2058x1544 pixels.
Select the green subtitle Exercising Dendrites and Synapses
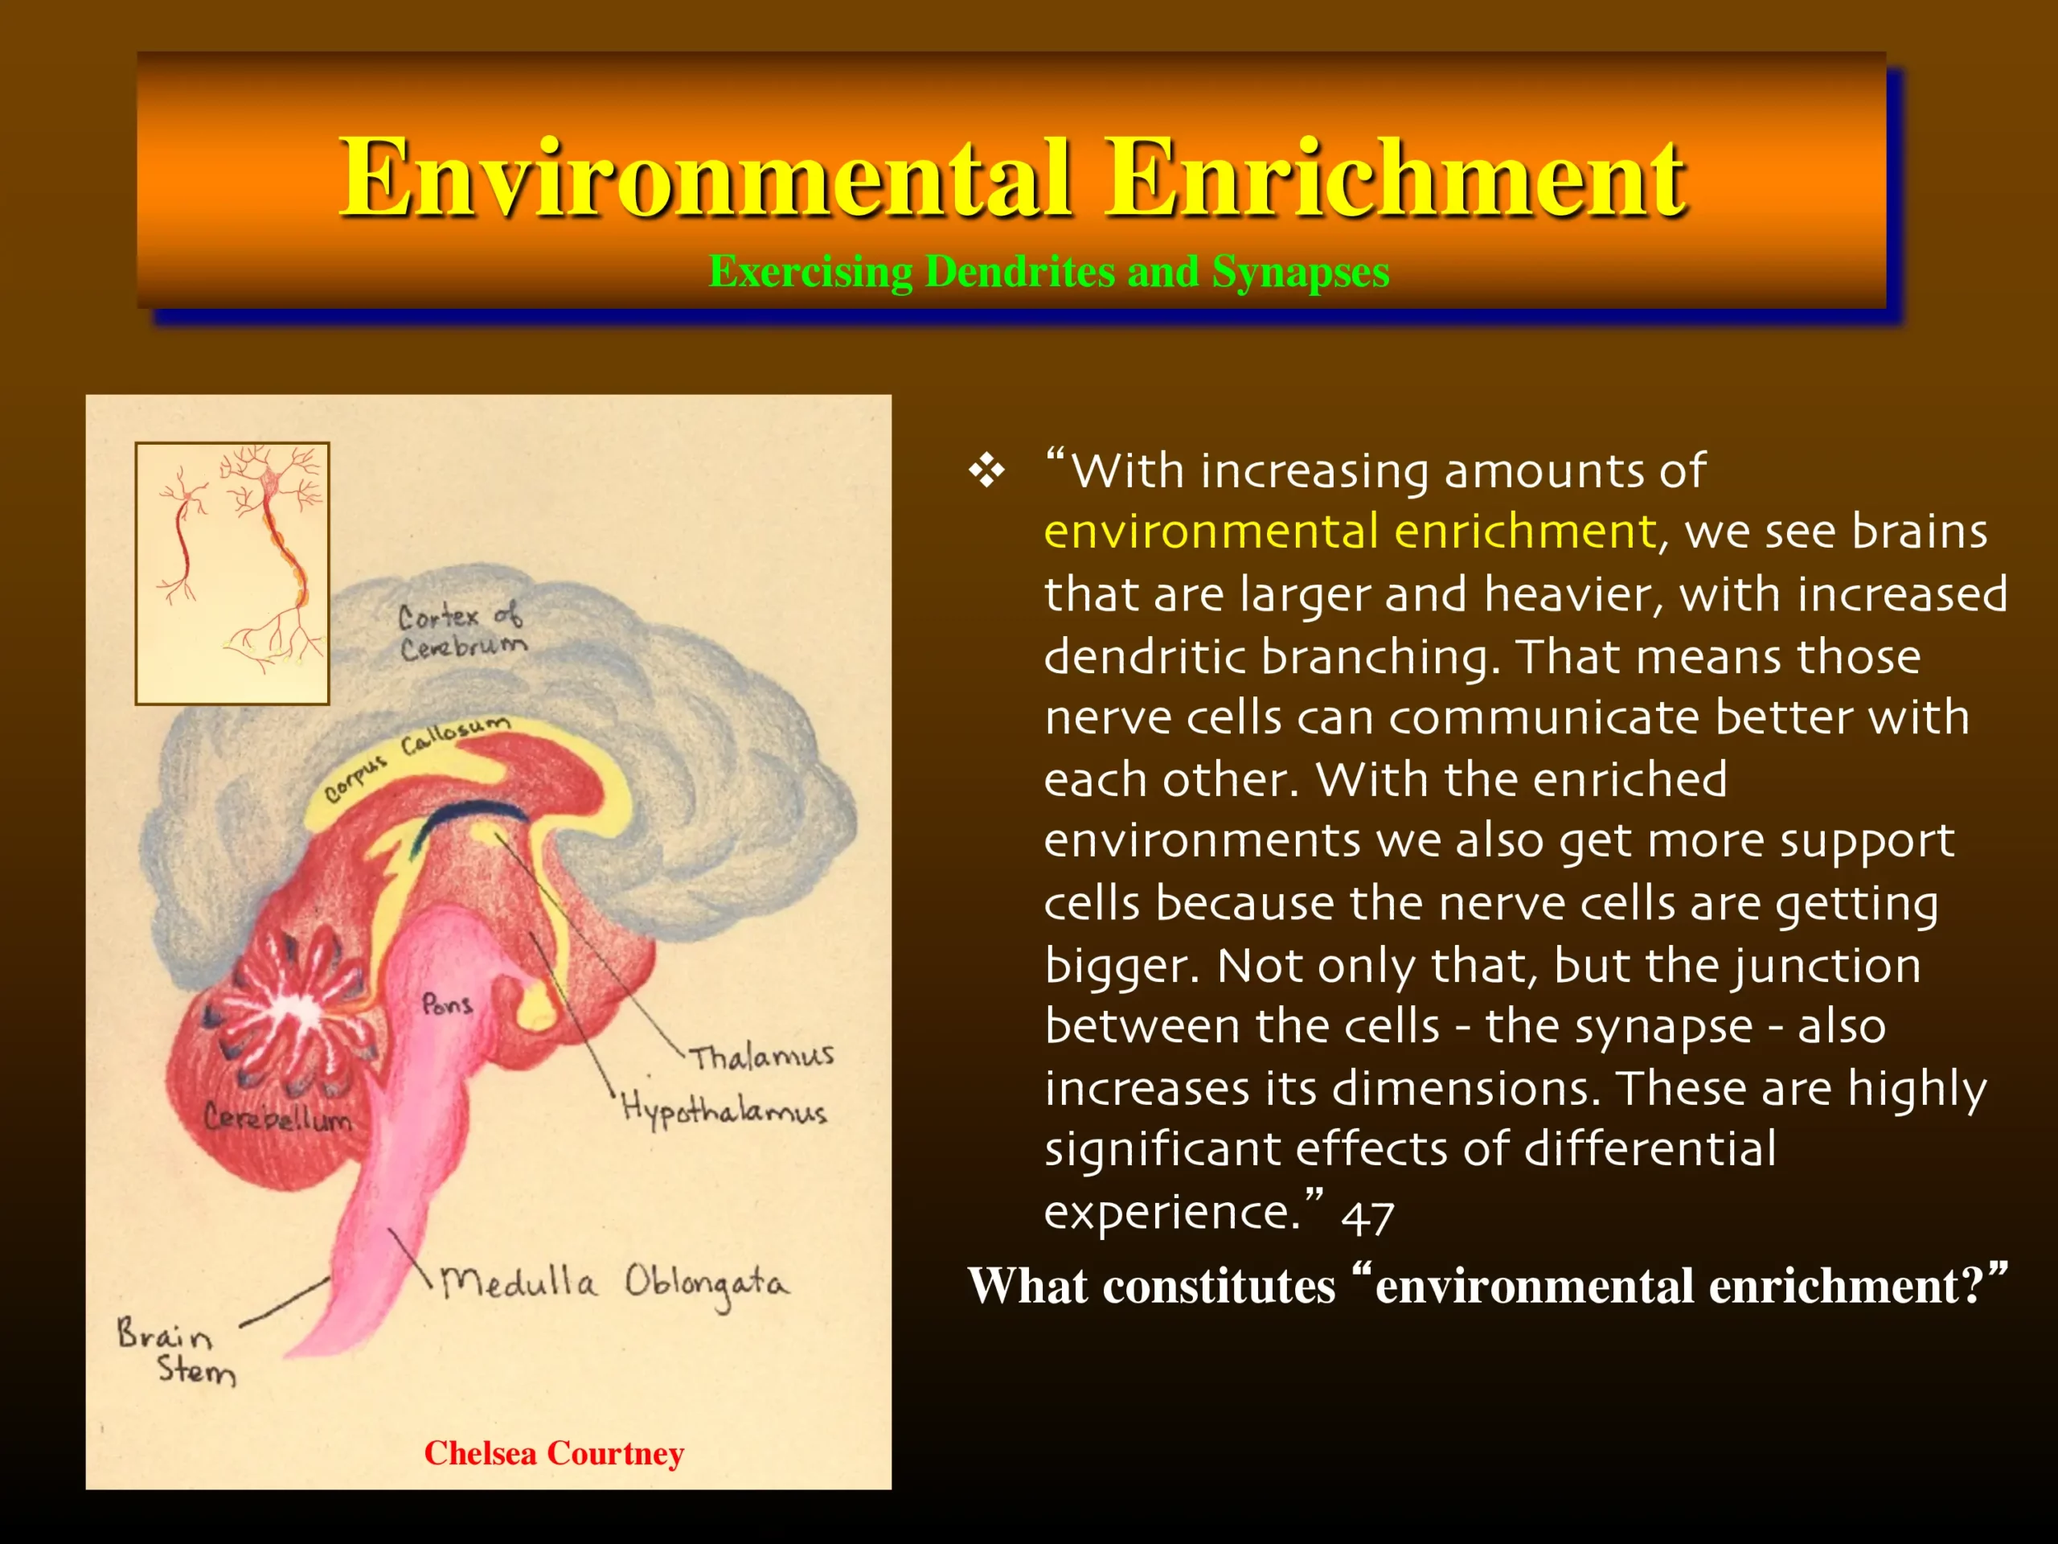pyautogui.click(x=1048, y=272)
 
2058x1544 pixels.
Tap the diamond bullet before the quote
pyautogui.click(x=986, y=471)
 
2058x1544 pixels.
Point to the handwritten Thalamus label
pyautogui.click(x=761, y=1055)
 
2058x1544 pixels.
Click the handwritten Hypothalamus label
pyautogui.click(x=724, y=1110)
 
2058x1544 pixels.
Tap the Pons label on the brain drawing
pyautogui.click(x=447, y=1004)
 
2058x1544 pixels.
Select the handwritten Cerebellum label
pyautogui.click(x=278, y=1117)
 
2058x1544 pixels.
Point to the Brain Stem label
pyautogui.click(x=176, y=1351)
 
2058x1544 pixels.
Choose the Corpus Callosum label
pyautogui.click(x=416, y=757)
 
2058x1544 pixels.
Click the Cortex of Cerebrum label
pyautogui.click(x=461, y=631)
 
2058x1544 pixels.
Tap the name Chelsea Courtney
pyautogui.click(x=554, y=1453)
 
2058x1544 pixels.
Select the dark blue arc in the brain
pyautogui.click(x=465, y=819)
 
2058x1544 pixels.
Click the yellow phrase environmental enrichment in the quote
pyautogui.click(x=1351, y=532)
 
